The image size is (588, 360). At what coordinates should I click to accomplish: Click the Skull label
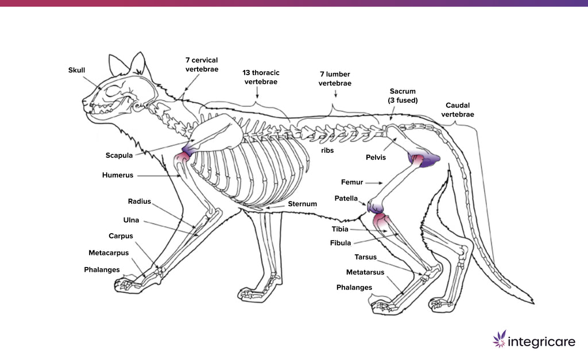(76, 70)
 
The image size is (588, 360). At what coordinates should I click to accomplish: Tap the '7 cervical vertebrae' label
(202, 64)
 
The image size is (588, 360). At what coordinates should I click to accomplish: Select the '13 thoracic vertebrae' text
(261, 78)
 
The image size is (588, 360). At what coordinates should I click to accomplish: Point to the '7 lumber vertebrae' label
(335, 79)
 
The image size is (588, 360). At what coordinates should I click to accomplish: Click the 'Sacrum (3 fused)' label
(403, 96)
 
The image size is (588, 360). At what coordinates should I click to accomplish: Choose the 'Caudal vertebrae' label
(457, 110)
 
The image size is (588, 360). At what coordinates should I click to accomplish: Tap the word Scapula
(119, 155)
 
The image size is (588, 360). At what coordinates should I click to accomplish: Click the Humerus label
(118, 175)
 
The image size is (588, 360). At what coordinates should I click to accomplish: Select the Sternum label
(302, 204)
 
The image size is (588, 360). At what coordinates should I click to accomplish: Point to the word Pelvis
(376, 157)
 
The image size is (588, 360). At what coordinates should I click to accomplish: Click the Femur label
(352, 183)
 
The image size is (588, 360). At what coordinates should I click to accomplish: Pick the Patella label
(346, 199)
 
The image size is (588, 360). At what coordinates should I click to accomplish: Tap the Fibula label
(341, 243)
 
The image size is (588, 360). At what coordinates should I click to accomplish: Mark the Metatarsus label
(365, 272)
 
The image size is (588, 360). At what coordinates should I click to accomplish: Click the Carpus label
(121, 236)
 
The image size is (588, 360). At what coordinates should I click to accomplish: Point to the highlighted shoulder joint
(187, 152)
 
